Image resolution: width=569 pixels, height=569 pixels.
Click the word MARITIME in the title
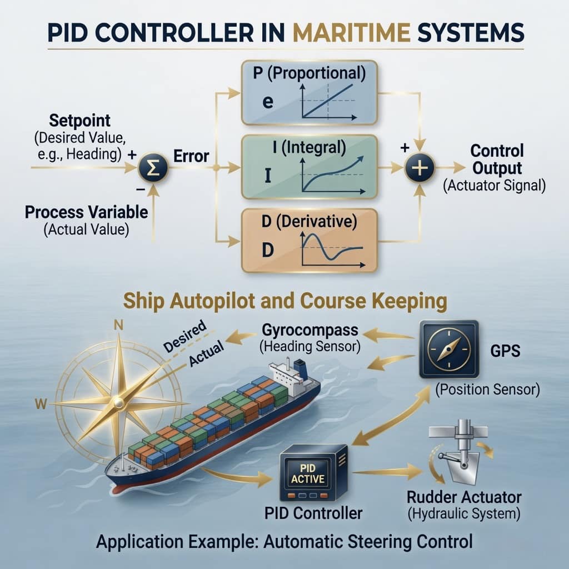tap(351, 32)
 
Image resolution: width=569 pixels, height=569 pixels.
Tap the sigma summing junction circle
tap(153, 168)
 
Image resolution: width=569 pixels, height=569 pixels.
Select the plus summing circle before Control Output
tap(420, 168)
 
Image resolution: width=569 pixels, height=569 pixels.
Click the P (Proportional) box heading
tap(310, 73)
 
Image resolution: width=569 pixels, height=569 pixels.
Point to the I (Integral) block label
tap(310, 147)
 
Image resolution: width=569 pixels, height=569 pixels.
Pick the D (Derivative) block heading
tap(309, 221)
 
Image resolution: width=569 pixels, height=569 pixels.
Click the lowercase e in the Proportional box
tap(268, 102)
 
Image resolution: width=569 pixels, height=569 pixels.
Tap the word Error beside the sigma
tap(191, 156)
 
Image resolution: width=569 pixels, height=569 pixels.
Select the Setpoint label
tap(80, 121)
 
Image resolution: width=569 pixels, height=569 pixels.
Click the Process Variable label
tap(86, 212)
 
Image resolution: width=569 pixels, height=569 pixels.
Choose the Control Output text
tap(497, 159)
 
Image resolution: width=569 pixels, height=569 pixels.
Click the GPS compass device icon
tap(449, 349)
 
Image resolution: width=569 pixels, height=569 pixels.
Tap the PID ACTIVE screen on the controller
tap(308, 473)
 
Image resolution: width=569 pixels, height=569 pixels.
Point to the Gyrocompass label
tap(310, 330)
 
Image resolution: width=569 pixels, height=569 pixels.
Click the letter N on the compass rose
tap(119, 325)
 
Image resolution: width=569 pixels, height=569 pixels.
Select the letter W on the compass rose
tap(41, 403)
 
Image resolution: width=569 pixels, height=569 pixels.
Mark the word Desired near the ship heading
tap(185, 337)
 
